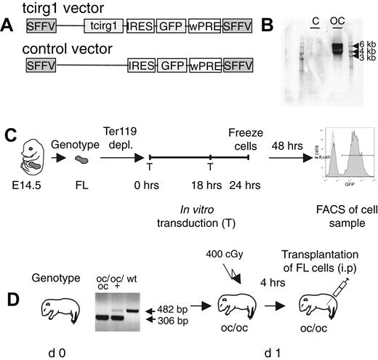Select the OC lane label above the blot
pos(337,19)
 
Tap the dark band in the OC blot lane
pos(337,49)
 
